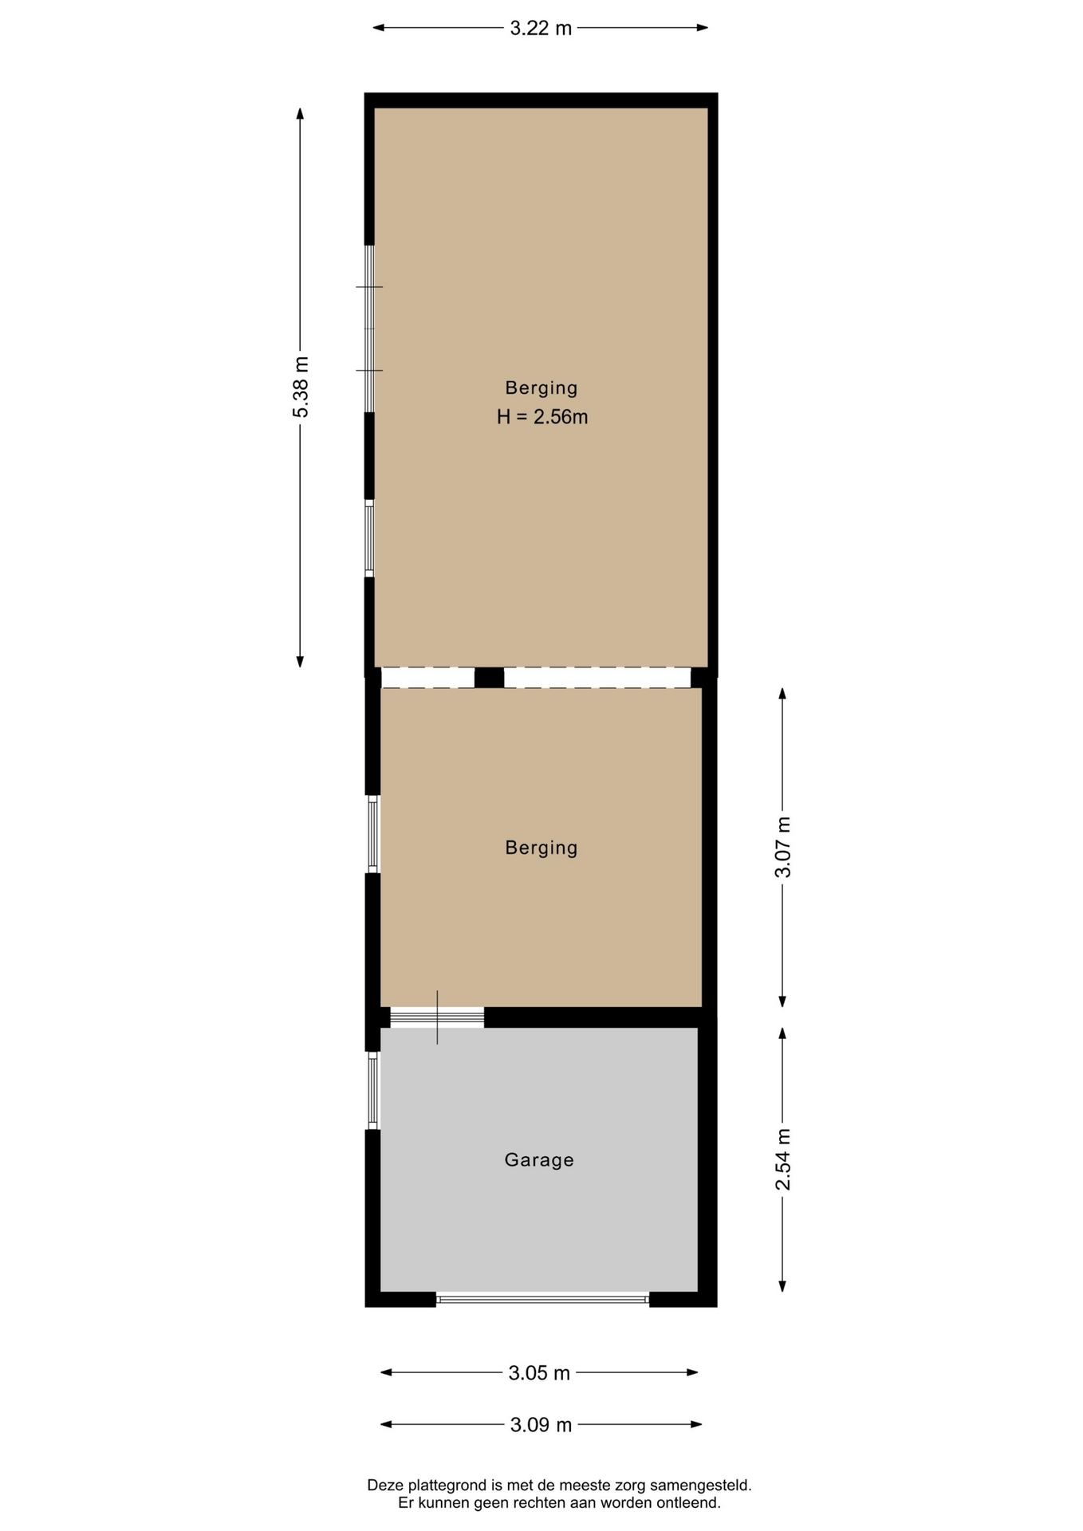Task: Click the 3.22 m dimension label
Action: point(541,29)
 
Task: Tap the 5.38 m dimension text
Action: point(301,387)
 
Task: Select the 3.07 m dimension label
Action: point(783,847)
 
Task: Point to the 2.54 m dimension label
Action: point(783,1159)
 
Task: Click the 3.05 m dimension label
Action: point(539,1373)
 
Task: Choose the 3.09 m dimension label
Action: point(541,1425)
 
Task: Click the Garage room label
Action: point(539,1160)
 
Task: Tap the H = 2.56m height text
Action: point(542,417)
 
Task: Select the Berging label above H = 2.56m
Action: point(541,388)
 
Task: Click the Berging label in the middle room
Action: point(541,848)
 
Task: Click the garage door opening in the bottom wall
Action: point(542,1299)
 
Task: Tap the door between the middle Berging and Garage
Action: point(437,1017)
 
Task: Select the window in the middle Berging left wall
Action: point(372,834)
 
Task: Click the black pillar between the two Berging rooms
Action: point(489,678)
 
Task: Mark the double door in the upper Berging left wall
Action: point(369,329)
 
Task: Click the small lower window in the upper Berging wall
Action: point(369,538)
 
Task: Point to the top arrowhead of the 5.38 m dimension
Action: point(300,113)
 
